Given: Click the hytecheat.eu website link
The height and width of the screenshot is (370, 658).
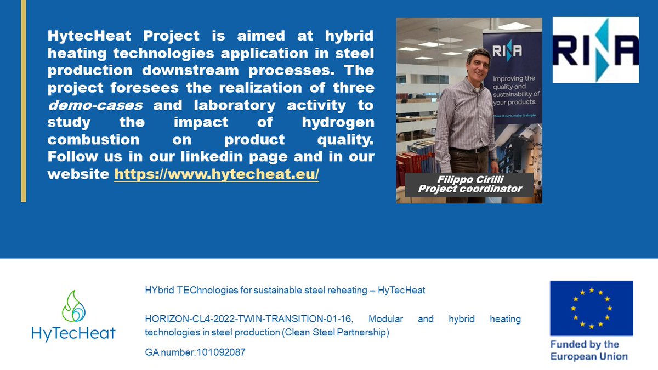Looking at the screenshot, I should pyautogui.click(x=217, y=175).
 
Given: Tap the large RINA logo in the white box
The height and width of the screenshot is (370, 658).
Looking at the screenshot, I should pyautogui.click(x=595, y=50).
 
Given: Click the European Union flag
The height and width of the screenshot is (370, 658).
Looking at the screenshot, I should pyautogui.click(x=592, y=308).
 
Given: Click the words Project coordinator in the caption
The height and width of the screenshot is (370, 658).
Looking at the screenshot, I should pyautogui.click(x=469, y=189).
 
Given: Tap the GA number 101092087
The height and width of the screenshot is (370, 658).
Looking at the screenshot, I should pyautogui.click(x=195, y=352).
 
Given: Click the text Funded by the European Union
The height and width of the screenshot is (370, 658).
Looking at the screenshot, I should pyautogui.click(x=589, y=350).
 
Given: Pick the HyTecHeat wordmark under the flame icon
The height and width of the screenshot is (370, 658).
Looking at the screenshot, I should pyautogui.click(x=73, y=333).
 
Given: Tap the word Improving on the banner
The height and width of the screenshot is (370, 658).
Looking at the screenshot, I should pyautogui.click(x=506, y=78).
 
